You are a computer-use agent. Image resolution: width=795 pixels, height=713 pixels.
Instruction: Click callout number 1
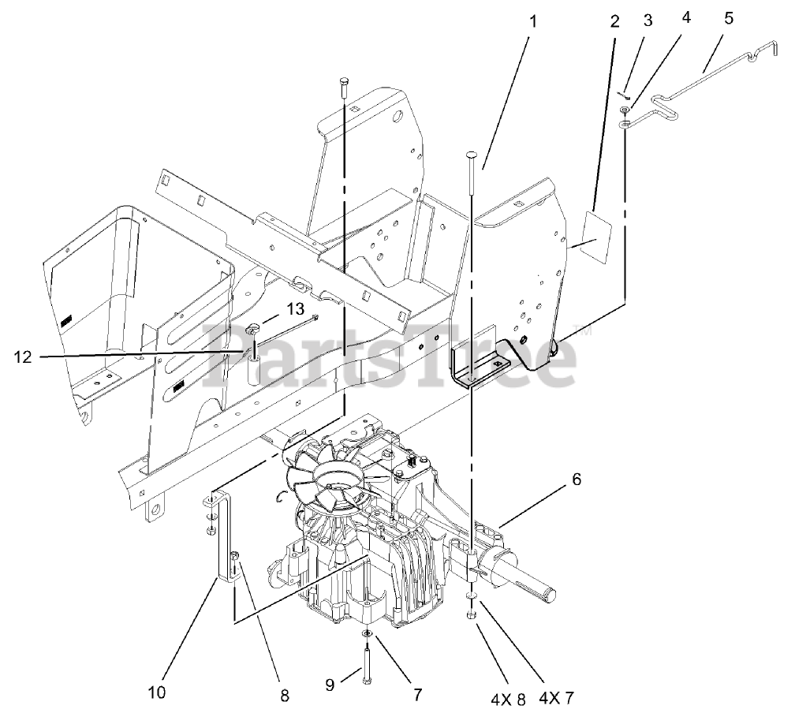pyautogui.click(x=532, y=21)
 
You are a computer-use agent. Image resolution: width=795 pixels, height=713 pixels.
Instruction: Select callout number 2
pyautogui.click(x=614, y=21)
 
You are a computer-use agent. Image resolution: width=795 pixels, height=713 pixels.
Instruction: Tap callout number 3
pyautogui.click(x=648, y=21)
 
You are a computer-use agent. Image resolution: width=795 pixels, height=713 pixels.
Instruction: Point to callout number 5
pyautogui.click(x=729, y=18)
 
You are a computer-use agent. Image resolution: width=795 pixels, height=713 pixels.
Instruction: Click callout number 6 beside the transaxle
pyautogui.click(x=577, y=479)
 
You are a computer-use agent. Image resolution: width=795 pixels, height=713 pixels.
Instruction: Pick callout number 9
pyautogui.click(x=330, y=685)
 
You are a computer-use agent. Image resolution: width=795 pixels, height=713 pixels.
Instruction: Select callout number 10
pyautogui.click(x=157, y=692)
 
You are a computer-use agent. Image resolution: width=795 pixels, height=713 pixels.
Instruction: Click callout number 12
pyautogui.click(x=23, y=357)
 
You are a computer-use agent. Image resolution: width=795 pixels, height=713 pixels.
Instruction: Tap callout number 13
pyautogui.click(x=296, y=308)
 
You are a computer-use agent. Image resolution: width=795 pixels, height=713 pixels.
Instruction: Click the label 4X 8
pyautogui.click(x=508, y=700)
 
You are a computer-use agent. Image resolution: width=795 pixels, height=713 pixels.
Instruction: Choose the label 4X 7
pyautogui.click(x=557, y=699)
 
